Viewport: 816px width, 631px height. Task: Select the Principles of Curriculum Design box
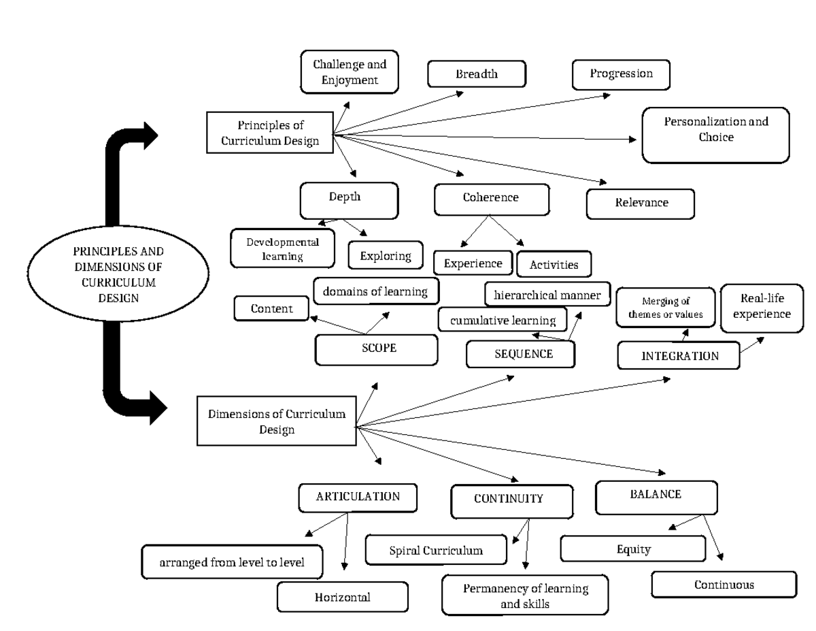271,133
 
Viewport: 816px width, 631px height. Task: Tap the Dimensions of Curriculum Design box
276,421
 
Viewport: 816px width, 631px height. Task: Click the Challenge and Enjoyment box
350,71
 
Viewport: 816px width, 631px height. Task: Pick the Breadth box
477,74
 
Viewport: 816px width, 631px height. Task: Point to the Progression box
621,74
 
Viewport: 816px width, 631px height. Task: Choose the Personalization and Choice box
715,135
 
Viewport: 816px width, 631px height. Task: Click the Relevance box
640,203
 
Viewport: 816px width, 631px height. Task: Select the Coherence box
491,199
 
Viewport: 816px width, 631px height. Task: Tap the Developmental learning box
283,248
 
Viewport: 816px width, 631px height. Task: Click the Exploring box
386,256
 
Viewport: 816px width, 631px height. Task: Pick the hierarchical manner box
547,295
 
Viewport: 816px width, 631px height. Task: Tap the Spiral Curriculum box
436,550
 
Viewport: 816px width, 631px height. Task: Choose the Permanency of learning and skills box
525,594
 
